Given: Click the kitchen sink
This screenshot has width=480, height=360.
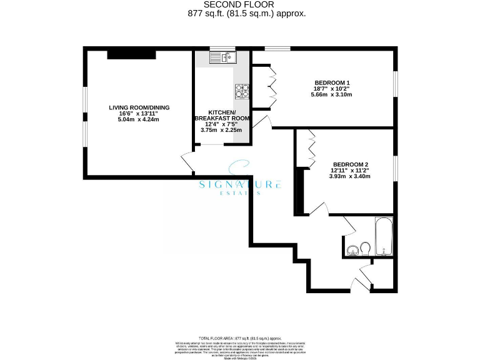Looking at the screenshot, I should point(221,58).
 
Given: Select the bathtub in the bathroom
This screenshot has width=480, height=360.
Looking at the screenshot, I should point(383,237).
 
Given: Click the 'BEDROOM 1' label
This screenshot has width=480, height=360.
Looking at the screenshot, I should point(332,82).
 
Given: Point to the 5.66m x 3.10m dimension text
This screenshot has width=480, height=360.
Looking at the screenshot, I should point(332,95).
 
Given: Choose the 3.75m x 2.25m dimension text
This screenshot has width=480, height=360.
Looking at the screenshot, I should point(222,130).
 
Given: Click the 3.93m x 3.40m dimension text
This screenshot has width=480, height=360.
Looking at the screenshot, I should point(349,176).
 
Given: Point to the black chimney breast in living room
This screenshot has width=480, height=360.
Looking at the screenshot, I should point(131,55).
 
